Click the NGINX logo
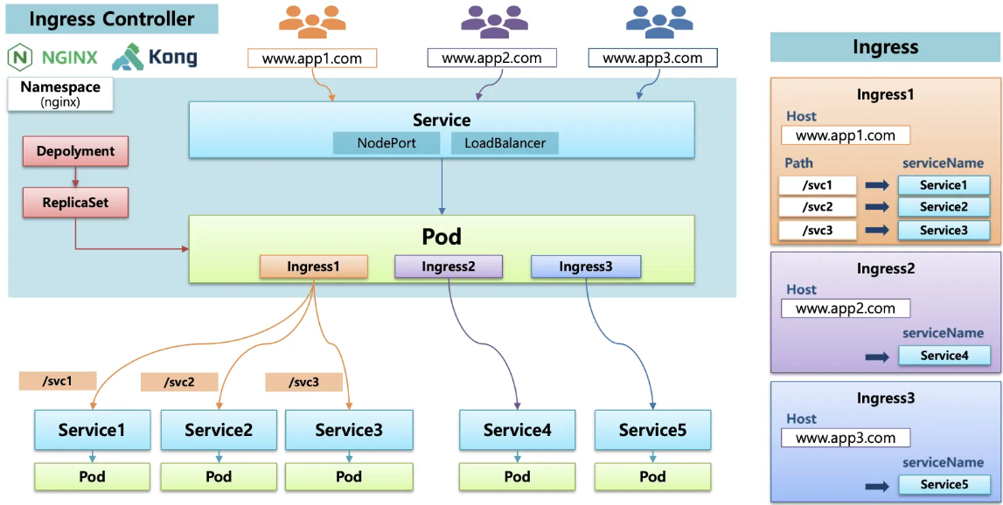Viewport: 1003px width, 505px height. tap(52, 58)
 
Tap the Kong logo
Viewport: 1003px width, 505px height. tap(155, 58)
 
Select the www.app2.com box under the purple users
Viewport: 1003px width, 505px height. tap(491, 59)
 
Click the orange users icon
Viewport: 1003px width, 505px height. tap(313, 21)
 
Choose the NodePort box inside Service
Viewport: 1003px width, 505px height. tap(387, 143)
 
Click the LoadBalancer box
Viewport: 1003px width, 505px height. tap(505, 143)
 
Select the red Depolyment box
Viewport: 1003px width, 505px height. tap(75, 151)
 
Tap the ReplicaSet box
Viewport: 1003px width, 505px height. tap(75, 203)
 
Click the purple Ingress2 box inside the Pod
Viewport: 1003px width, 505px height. tap(449, 266)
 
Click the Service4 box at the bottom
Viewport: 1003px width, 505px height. tap(517, 430)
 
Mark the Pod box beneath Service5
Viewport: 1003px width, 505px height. tap(652, 476)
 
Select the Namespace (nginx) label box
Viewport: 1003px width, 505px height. tap(60, 94)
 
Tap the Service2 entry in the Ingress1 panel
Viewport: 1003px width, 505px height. tap(944, 207)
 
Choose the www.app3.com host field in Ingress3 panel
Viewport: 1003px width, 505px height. tap(845, 438)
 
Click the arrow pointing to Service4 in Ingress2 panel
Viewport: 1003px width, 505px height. tap(877, 356)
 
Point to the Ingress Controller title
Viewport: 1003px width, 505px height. tap(112, 18)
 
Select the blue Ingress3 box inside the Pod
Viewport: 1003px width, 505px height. tap(586, 266)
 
